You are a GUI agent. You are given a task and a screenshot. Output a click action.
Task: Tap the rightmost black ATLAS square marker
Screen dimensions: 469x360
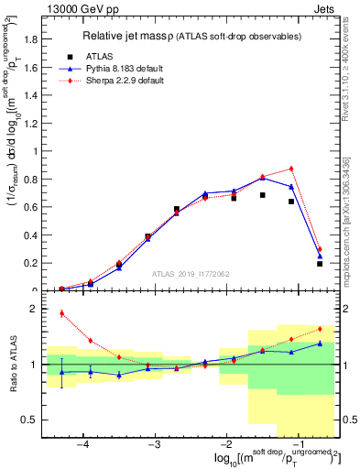(x=320, y=264)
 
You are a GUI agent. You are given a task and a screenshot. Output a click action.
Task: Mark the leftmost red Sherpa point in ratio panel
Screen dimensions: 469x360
(x=62, y=313)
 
